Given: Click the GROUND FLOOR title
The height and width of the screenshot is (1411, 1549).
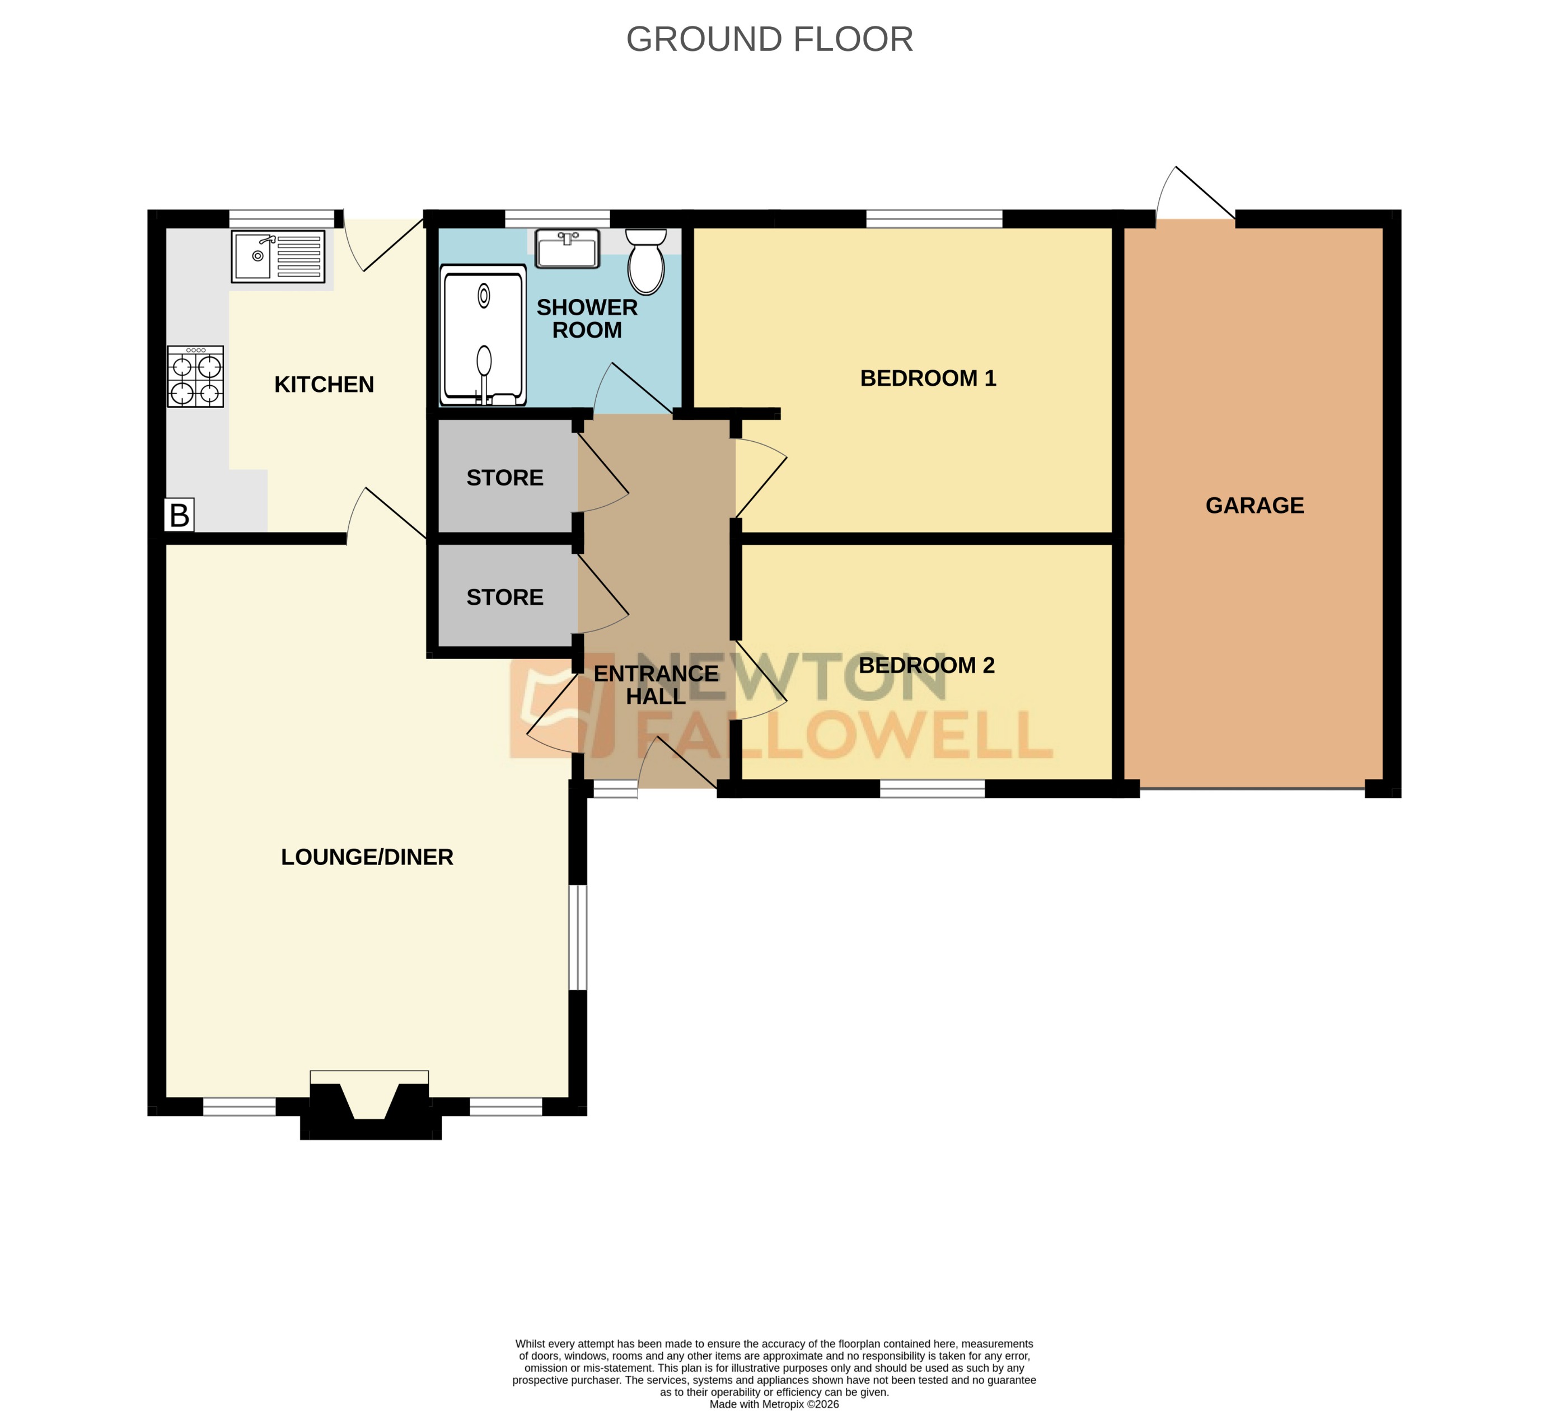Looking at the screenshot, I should pos(769,39).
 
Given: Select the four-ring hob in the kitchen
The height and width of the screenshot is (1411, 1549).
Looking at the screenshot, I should pos(195,377).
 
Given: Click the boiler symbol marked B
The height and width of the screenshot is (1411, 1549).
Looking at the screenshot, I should pos(179,515).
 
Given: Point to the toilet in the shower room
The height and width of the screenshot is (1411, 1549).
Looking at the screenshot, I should pos(646,262).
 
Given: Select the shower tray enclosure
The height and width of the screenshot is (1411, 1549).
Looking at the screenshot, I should pos(483,335).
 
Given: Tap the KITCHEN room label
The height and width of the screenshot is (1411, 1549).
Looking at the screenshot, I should pos(324,384).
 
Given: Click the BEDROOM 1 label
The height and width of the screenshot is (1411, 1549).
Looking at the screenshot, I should pos(928,378).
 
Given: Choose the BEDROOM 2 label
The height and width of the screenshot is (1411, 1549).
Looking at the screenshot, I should pos(926,665).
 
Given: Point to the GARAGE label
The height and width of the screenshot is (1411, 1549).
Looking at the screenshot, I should pos(1254,505).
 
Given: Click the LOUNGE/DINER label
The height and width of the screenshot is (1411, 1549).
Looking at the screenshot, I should pos(367,857).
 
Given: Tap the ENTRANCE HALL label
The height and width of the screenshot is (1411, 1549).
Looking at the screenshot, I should pos(656,685).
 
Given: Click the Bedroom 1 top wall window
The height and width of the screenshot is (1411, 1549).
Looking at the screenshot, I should pos(934,219).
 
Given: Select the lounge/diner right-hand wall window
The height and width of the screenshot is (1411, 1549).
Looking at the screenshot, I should pos(578,938).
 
